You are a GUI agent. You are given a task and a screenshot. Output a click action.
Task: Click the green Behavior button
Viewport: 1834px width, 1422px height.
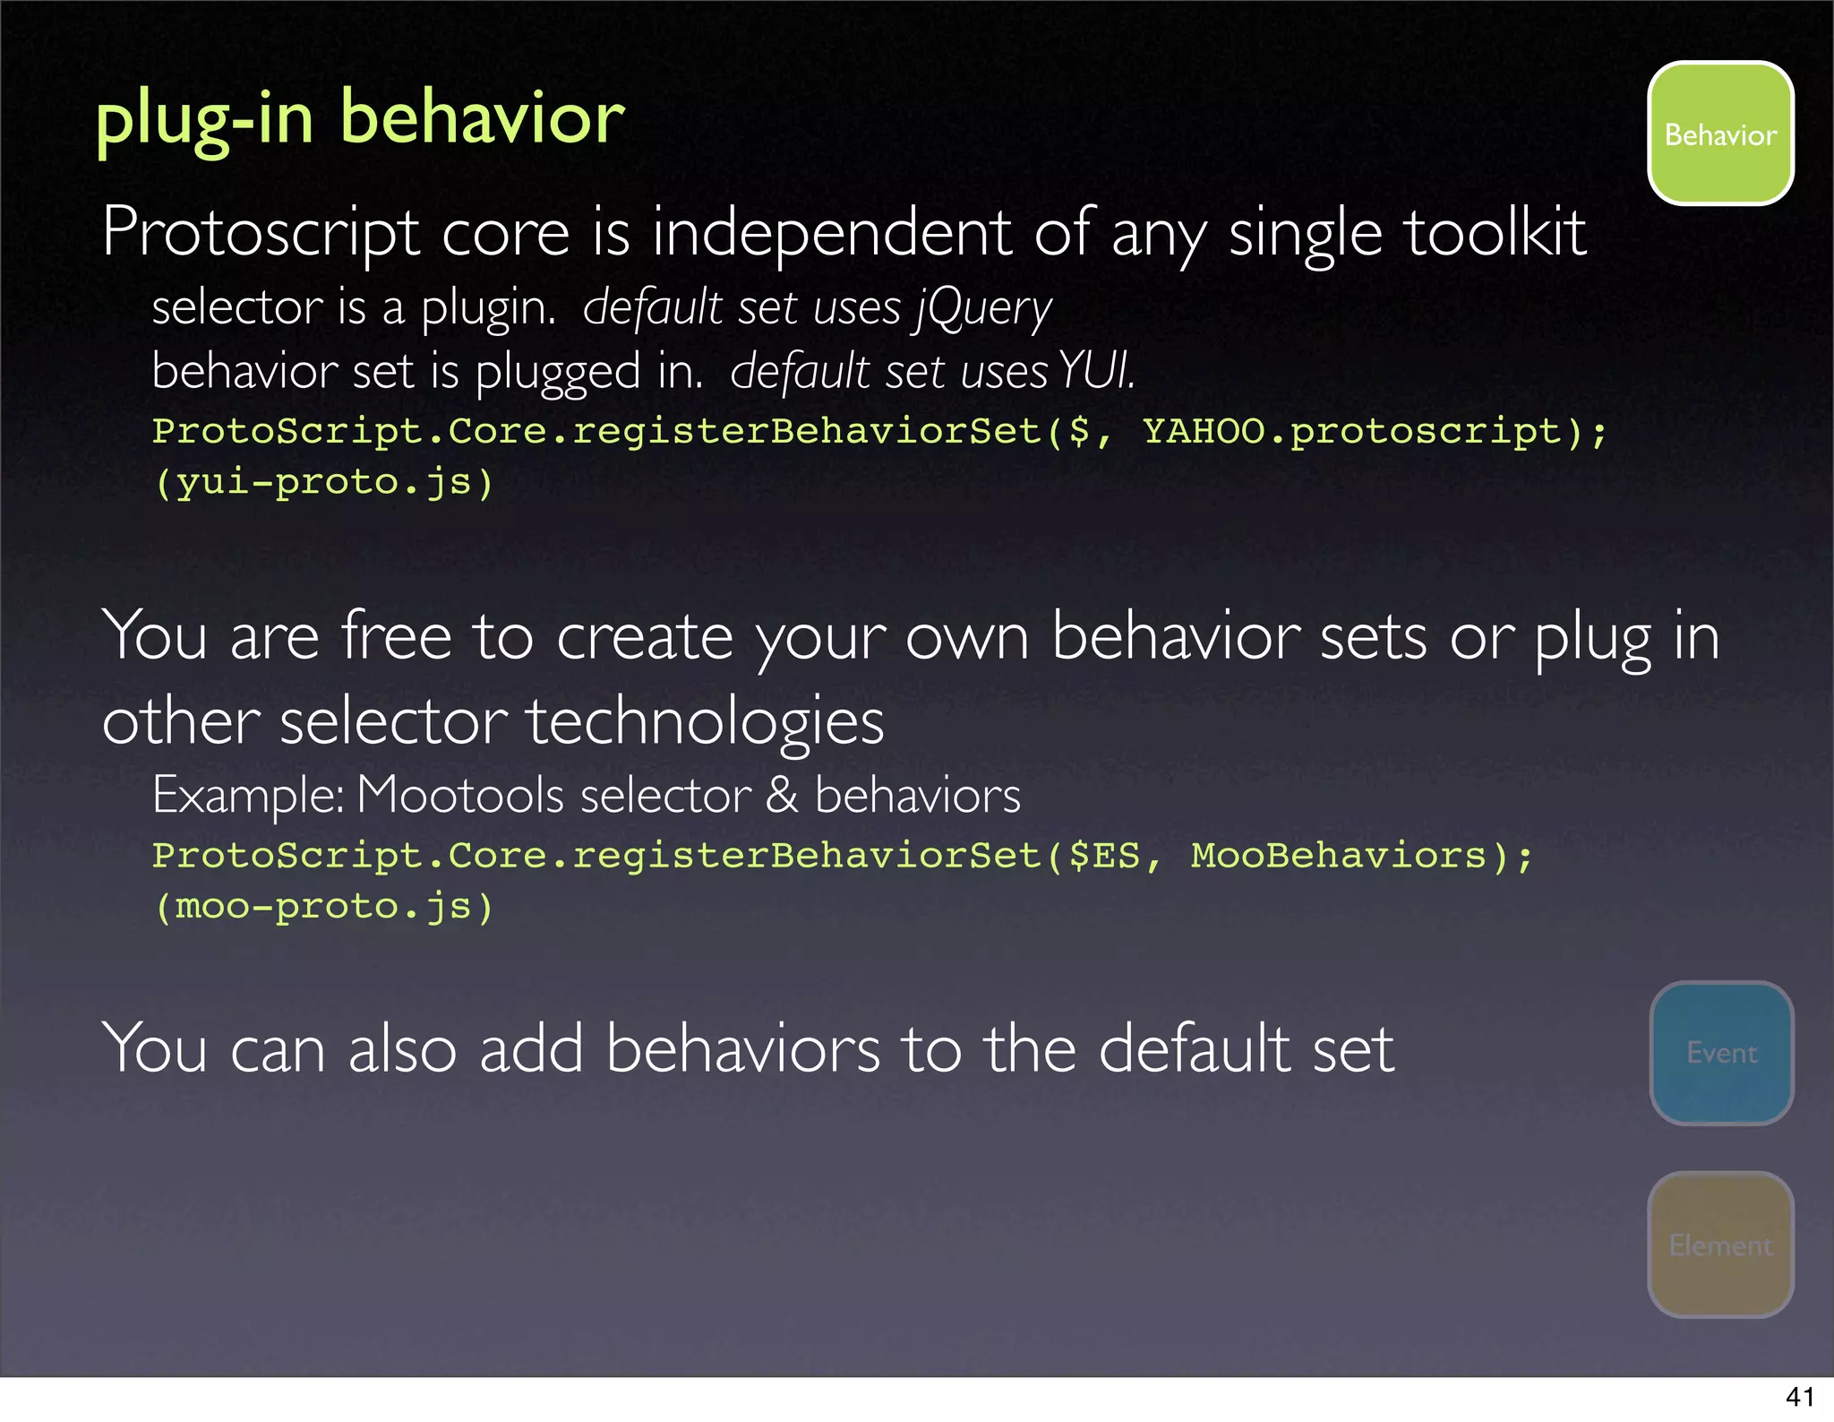tap(1720, 134)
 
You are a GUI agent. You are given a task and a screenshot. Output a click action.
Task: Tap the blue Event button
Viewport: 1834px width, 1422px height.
tap(1721, 1053)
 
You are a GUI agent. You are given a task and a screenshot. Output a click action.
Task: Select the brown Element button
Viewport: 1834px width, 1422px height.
tap(1720, 1245)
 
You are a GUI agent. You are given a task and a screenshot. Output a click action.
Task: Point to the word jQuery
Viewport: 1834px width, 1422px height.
tap(983, 309)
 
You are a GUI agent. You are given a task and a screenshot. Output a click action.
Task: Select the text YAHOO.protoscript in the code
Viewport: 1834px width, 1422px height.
tap(1352, 432)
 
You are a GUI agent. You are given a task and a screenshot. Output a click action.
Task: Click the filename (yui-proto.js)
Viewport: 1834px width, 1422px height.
tap(323, 483)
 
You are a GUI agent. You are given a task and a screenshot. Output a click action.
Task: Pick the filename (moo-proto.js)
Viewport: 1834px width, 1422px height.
tap(323, 907)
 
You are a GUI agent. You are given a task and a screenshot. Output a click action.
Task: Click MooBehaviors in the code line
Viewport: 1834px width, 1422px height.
tap(1338, 856)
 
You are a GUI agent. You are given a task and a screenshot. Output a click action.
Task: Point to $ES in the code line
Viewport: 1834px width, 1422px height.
tap(1103, 856)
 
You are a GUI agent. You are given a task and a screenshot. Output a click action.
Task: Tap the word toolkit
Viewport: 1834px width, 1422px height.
tap(1495, 233)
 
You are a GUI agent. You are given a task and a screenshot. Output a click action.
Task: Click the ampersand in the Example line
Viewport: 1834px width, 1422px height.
tap(782, 795)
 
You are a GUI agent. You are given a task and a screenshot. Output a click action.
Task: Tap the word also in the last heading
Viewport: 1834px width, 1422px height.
tap(402, 1048)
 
